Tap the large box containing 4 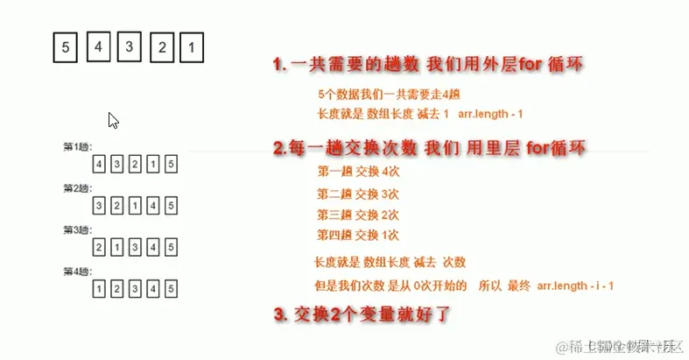click(x=99, y=46)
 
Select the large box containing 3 click(x=130, y=46)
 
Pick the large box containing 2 click(x=162, y=47)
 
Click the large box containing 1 click(x=193, y=47)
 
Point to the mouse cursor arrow click(x=113, y=120)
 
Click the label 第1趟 click(x=77, y=147)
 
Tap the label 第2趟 click(x=77, y=188)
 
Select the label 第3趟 click(x=77, y=229)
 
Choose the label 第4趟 click(x=77, y=271)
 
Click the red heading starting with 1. click(x=427, y=65)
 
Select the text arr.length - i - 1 click(x=574, y=286)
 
